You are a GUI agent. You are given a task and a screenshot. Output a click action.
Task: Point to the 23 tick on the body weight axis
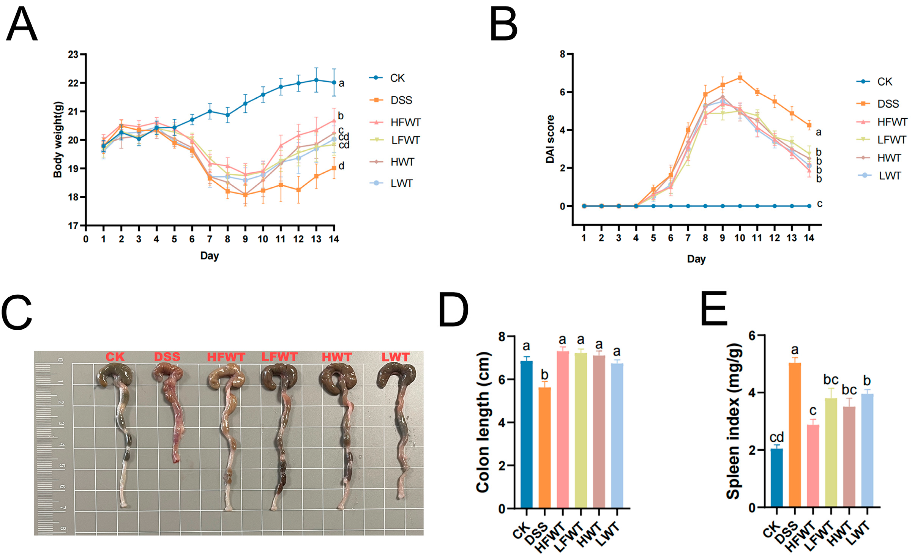[73, 55]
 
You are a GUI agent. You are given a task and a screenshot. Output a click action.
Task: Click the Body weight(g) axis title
[57, 139]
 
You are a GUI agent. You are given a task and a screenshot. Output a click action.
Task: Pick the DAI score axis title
[550, 139]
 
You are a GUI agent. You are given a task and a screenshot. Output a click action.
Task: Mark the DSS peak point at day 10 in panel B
[740, 78]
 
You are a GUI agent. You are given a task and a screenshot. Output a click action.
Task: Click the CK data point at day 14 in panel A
[334, 82]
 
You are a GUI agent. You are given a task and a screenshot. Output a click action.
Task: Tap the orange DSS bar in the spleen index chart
[795, 435]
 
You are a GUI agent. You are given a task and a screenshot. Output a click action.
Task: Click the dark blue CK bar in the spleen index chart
[776, 478]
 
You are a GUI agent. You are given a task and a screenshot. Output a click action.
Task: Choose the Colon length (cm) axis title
[483, 422]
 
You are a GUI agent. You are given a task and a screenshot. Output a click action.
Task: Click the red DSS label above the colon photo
[167, 357]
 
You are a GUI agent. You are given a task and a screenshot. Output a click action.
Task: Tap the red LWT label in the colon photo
[395, 357]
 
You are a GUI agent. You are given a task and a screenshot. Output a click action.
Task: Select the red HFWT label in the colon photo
[226, 357]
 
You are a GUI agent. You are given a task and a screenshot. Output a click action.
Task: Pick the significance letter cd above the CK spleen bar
[776, 437]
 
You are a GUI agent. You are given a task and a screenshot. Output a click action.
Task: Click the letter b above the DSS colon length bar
[544, 375]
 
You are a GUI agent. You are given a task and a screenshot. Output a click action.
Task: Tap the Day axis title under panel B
[696, 259]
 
